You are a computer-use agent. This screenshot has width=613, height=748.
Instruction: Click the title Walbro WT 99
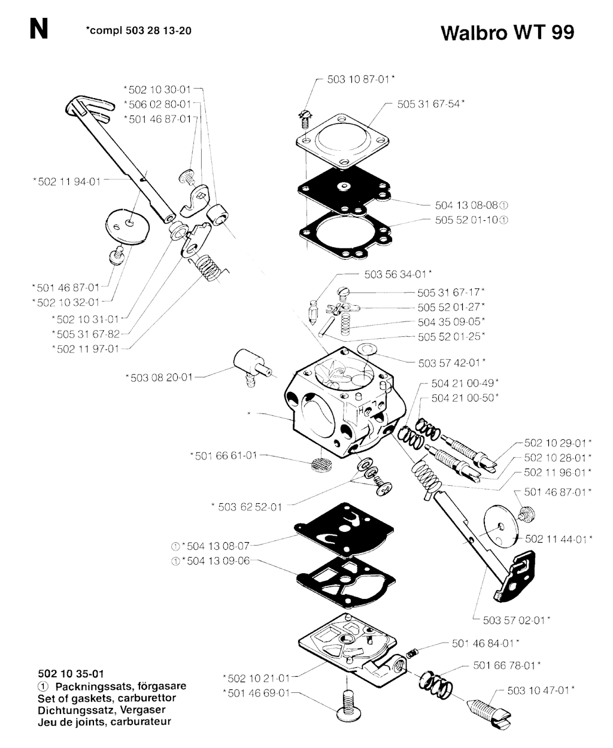coord(507,33)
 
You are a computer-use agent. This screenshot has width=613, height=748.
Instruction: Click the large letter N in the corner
coord(39,29)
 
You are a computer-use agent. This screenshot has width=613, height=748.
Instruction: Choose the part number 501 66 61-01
coord(223,455)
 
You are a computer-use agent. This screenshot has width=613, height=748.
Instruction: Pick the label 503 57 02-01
coord(517,621)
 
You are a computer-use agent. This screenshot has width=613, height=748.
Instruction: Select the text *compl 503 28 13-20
coord(139,31)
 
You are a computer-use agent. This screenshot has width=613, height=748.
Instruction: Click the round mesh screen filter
coord(321,464)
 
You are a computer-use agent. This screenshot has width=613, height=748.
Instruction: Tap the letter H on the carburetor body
coord(361,411)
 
